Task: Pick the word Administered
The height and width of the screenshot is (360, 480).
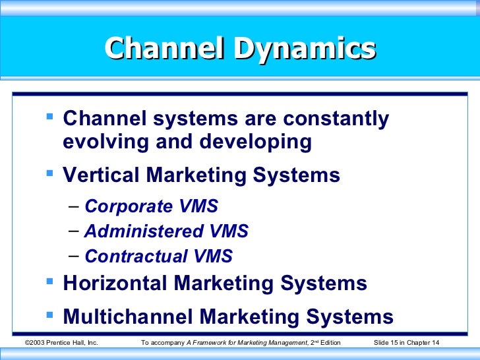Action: click(x=144, y=231)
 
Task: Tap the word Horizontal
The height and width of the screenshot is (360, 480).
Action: click(x=115, y=284)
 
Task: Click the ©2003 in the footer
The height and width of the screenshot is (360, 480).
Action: click(x=35, y=343)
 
